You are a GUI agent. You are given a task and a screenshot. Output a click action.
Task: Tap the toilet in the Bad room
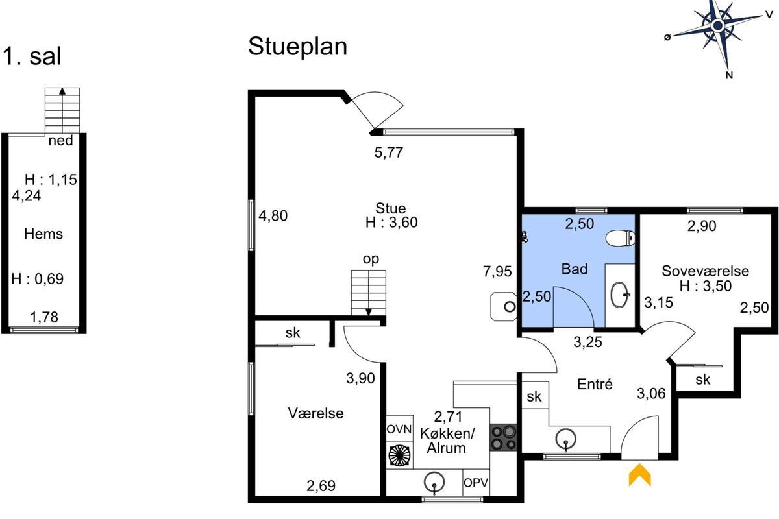(621, 239)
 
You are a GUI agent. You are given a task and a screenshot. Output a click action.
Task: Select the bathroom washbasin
(620, 295)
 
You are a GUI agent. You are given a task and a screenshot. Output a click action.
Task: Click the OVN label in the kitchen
(399, 429)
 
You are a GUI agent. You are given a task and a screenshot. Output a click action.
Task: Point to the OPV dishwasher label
(476, 483)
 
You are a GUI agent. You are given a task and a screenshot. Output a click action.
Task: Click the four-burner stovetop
(503, 437)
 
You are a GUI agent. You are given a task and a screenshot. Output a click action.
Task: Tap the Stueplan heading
(298, 47)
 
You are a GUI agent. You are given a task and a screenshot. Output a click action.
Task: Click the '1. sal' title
(32, 56)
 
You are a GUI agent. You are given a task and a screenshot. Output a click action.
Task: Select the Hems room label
(43, 234)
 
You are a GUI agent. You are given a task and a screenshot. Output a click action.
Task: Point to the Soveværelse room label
(705, 271)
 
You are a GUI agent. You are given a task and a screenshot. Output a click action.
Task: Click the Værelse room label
(315, 413)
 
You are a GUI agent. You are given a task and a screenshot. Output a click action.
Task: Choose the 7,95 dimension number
(497, 271)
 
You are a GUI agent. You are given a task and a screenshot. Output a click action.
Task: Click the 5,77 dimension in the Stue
(388, 152)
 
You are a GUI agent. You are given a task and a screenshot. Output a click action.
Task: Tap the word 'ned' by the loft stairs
(60, 141)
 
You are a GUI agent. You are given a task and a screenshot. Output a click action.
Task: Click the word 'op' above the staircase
(371, 259)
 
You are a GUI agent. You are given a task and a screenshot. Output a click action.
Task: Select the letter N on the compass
(729, 75)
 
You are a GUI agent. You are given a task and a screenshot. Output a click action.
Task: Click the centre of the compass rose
(717, 26)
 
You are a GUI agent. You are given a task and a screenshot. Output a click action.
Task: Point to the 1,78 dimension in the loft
(44, 317)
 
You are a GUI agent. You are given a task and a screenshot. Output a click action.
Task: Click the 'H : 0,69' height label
(38, 279)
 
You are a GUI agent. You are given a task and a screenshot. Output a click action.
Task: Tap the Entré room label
(595, 384)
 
